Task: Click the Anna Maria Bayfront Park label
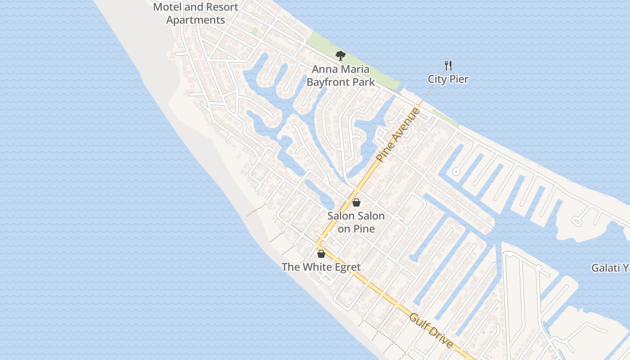340,76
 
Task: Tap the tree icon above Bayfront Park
341,56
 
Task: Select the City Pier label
448,79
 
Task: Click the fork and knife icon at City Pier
448,66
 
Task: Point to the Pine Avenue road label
398,134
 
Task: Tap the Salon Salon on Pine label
356,222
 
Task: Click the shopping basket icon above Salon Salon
356,202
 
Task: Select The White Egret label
321,267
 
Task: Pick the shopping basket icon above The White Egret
321,254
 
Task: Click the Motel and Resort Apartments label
196,13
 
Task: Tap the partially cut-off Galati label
610,268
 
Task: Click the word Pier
459,79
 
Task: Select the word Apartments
196,20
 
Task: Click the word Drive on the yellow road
440,337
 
